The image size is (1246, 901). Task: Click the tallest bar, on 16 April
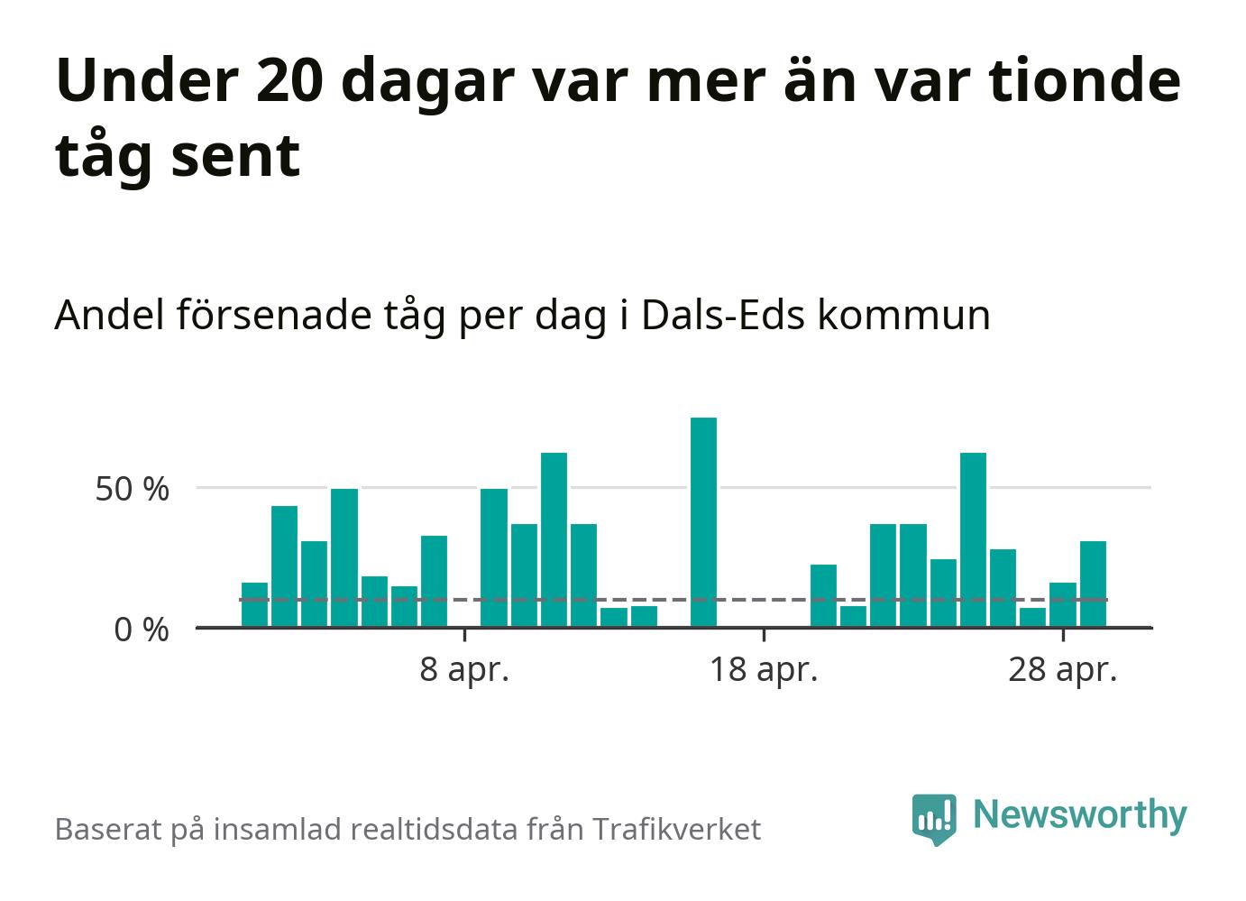[x=703, y=522]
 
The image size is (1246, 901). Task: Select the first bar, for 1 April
[x=254, y=604]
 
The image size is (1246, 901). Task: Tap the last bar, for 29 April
[x=1093, y=584]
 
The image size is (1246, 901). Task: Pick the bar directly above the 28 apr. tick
[x=1062, y=604]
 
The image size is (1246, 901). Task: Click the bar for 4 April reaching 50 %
[x=344, y=557]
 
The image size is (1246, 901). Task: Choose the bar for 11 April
[x=554, y=540]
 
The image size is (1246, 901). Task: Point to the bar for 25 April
[x=973, y=540]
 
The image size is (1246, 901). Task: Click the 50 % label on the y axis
[x=132, y=490]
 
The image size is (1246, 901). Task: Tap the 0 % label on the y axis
[x=142, y=630]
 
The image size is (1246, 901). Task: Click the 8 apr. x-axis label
[x=464, y=671]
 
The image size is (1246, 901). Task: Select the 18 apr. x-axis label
[x=764, y=671]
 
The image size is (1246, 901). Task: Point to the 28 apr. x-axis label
[x=1062, y=671]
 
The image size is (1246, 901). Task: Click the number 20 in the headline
[x=289, y=80]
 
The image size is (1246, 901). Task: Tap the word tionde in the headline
[x=1084, y=79]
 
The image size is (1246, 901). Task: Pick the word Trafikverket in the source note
[x=676, y=829]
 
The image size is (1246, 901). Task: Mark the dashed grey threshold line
[x=673, y=600]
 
